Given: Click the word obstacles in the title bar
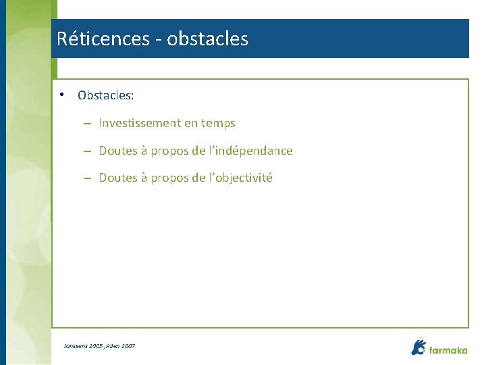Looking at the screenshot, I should click(x=207, y=39).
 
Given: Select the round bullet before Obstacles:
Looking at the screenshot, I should click(x=61, y=95).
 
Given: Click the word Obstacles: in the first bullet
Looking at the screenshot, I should click(x=105, y=95).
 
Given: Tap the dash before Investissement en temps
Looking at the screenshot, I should click(x=88, y=124).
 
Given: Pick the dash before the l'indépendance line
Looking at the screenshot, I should click(x=88, y=151).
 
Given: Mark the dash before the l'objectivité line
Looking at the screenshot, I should click(x=88, y=178).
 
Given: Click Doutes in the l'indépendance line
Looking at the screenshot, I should click(x=118, y=151).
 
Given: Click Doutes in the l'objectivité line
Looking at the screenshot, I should click(x=118, y=178).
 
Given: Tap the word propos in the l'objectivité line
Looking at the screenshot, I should click(x=169, y=178).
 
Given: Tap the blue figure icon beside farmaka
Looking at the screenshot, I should click(x=418, y=347).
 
